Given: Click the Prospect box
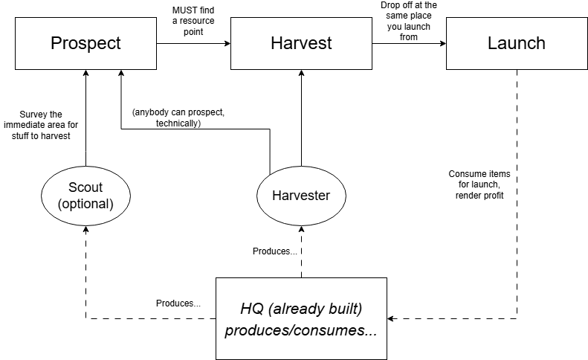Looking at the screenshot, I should [x=85, y=43].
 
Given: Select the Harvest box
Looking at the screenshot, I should [x=301, y=43].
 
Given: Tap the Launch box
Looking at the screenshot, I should [x=516, y=43].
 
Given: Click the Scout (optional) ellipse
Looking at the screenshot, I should [x=85, y=195].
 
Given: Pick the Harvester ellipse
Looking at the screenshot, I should [x=301, y=196].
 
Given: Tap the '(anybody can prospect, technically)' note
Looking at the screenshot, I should [x=178, y=118].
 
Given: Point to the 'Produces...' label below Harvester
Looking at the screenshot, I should [x=275, y=251].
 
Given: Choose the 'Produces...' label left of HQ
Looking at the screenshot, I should [x=178, y=303].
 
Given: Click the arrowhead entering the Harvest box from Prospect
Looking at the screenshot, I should [x=226, y=44].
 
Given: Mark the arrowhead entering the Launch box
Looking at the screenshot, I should [x=442, y=44].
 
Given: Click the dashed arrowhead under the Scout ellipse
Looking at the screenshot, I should [x=85, y=231].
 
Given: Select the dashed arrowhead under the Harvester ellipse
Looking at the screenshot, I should [x=301, y=231].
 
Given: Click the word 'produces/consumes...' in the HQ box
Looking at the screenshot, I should [x=301, y=330].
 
